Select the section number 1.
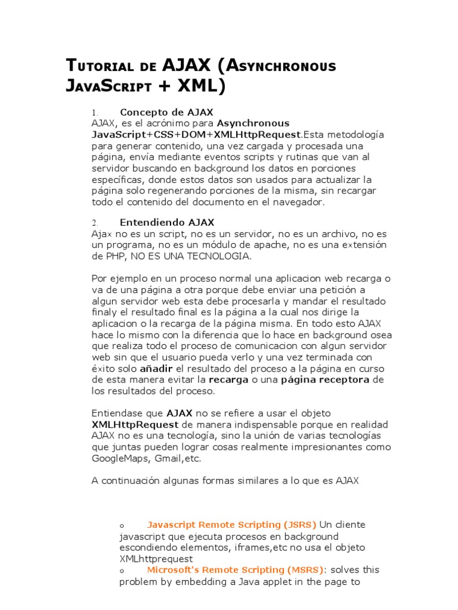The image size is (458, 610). [x=94, y=113]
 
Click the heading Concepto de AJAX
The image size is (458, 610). [x=166, y=112]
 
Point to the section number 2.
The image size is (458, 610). [x=94, y=223]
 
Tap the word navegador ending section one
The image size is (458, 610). [x=295, y=201]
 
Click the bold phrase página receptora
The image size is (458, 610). [x=325, y=380]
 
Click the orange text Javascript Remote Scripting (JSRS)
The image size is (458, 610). [x=231, y=525]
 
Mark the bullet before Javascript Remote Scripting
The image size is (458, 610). [x=122, y=526]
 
